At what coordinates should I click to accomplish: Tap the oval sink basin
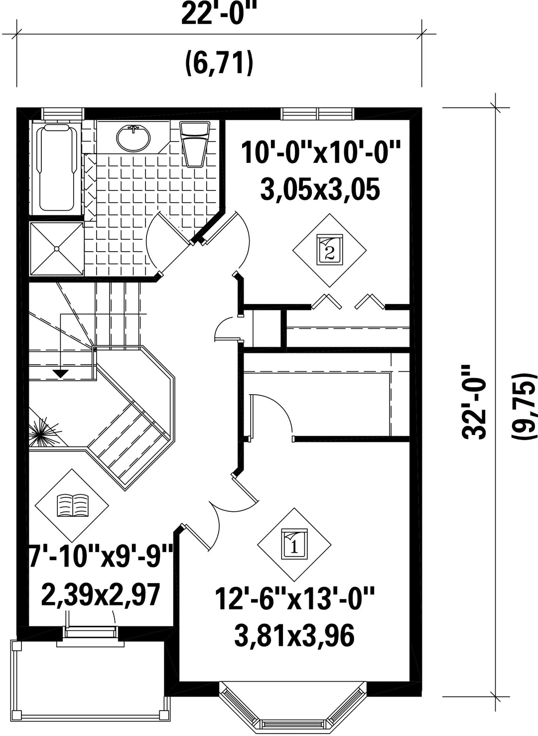133,138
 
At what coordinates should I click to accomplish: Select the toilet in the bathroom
195,144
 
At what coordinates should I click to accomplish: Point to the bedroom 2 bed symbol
329,250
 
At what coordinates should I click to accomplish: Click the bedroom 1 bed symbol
294,544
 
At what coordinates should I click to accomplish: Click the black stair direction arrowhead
60,373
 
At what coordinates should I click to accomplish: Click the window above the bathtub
62,114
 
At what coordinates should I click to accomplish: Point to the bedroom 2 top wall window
318,114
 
